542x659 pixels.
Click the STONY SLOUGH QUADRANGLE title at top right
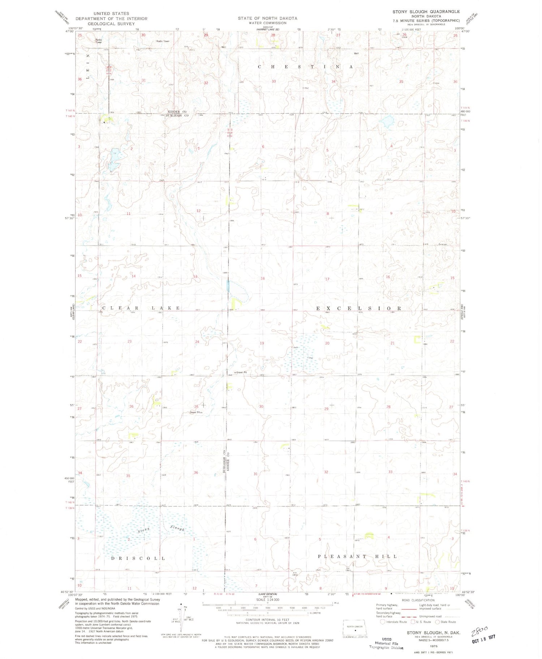click(426, 12)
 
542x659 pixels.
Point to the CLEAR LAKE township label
click(141, 308)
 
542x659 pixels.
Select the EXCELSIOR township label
click(359, 308)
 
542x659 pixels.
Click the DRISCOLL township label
click(138, 558)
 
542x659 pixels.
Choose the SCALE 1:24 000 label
click(265, 600)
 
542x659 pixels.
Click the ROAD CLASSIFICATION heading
click(418, 600)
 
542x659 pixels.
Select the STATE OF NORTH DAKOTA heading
click(267, 18)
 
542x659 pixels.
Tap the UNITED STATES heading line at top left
click(111, 13)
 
